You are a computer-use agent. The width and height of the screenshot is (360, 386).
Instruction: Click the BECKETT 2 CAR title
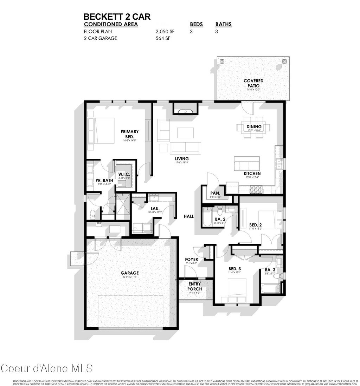(117, 17)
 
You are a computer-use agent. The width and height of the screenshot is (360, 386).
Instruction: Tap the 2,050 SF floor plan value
(165, 32)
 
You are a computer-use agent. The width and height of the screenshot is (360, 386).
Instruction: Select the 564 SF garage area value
(163, 39)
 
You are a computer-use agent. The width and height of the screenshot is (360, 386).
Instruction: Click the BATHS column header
(223, 25)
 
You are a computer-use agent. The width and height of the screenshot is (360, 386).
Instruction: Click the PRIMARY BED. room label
(129, 134)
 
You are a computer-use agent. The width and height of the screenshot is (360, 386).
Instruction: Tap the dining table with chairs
(254, 126)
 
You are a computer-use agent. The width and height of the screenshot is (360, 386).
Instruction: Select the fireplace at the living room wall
(185, 111)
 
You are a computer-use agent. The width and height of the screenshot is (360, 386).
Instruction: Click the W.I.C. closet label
(125, 175)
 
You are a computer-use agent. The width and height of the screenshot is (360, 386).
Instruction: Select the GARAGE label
(130, 273)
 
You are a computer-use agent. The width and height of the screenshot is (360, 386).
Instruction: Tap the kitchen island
(247, 164)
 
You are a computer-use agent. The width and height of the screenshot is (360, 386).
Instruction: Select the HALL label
(189, 217)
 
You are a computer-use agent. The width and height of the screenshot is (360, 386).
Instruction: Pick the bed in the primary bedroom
(101, 131)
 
